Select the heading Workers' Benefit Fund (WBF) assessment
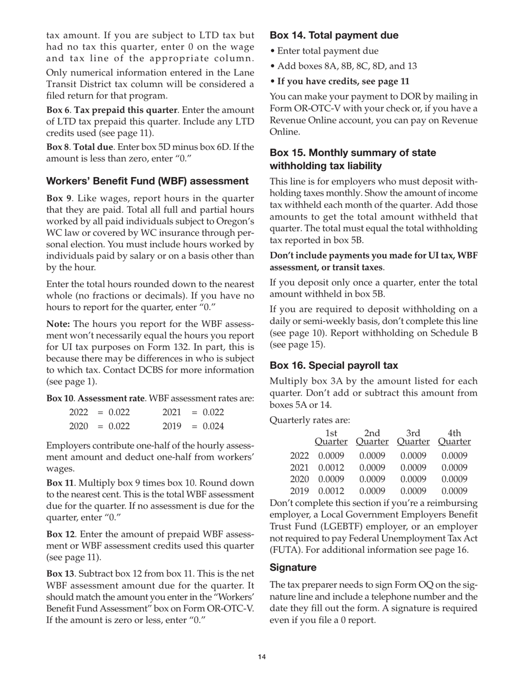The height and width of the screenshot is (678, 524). pos(147,181)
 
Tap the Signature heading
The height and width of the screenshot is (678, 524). pos(293,567)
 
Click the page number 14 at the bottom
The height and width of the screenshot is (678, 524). pos(261,657)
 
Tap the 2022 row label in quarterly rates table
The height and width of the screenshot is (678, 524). pos(299,456)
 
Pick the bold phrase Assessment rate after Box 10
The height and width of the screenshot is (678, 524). pos(112,398)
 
